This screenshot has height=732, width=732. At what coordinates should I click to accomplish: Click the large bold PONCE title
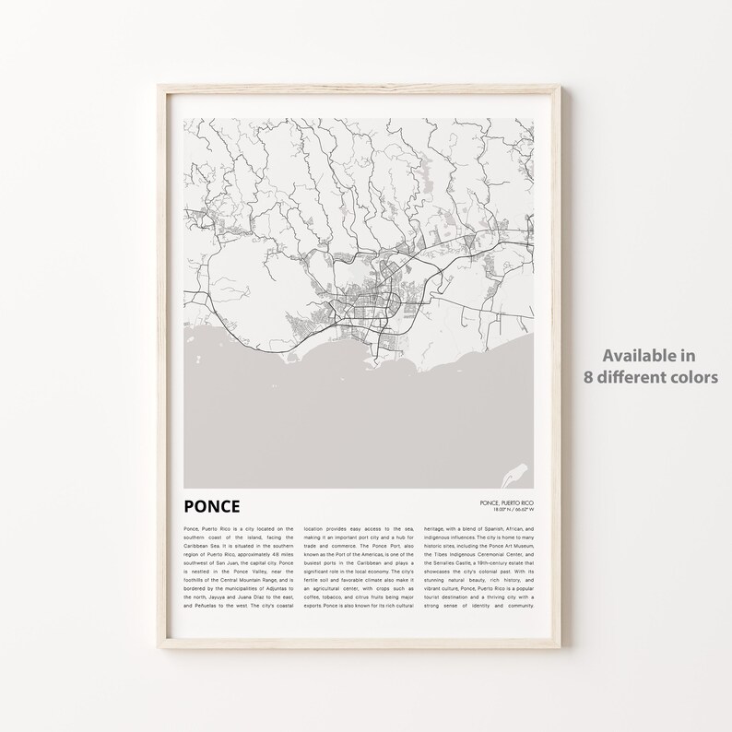(211, 505)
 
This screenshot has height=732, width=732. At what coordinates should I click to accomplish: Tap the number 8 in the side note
(587, 376)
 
